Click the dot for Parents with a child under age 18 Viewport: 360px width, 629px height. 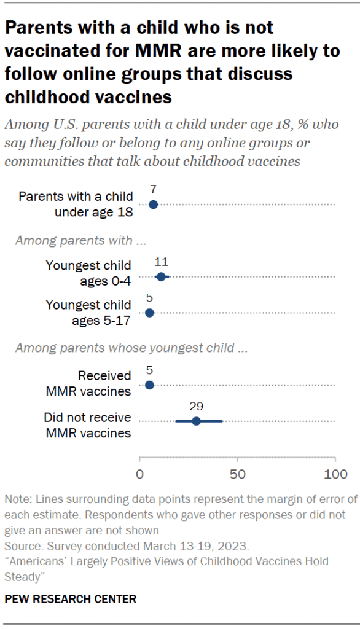(154, 205)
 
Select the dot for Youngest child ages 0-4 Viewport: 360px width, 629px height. (161, 277)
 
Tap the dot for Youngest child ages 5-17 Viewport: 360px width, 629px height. (149, 313)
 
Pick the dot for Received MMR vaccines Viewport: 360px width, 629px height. (149, 385)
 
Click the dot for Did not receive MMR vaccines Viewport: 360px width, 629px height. (196, 421)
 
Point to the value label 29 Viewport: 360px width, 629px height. (196, 406)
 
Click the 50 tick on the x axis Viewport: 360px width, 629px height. (238, 474)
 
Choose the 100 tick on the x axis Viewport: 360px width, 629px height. (335, 474)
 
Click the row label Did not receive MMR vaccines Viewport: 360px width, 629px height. (87, 425)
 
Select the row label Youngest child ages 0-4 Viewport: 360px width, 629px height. (88, 273)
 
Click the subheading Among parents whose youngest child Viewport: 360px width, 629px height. (131, 348)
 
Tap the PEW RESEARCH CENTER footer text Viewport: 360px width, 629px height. (71, 598)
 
